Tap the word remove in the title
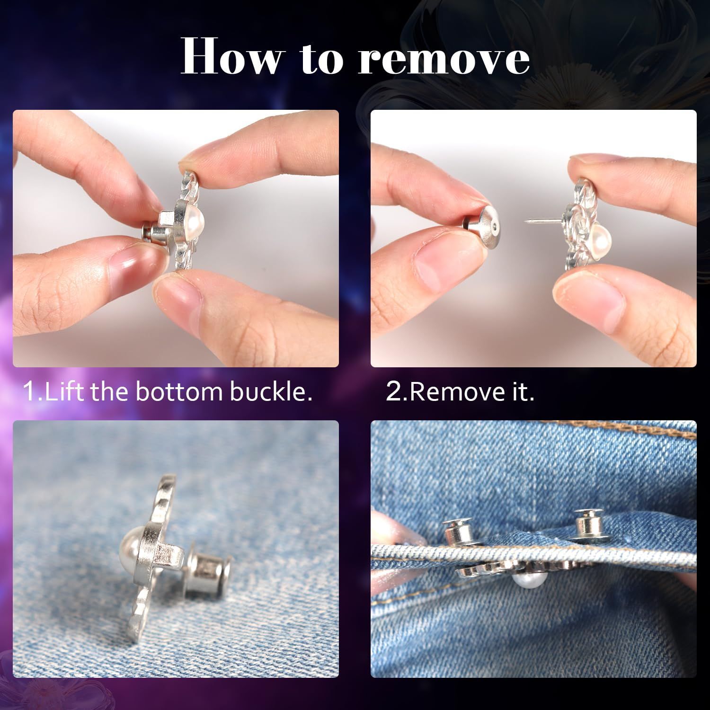(444, 60)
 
